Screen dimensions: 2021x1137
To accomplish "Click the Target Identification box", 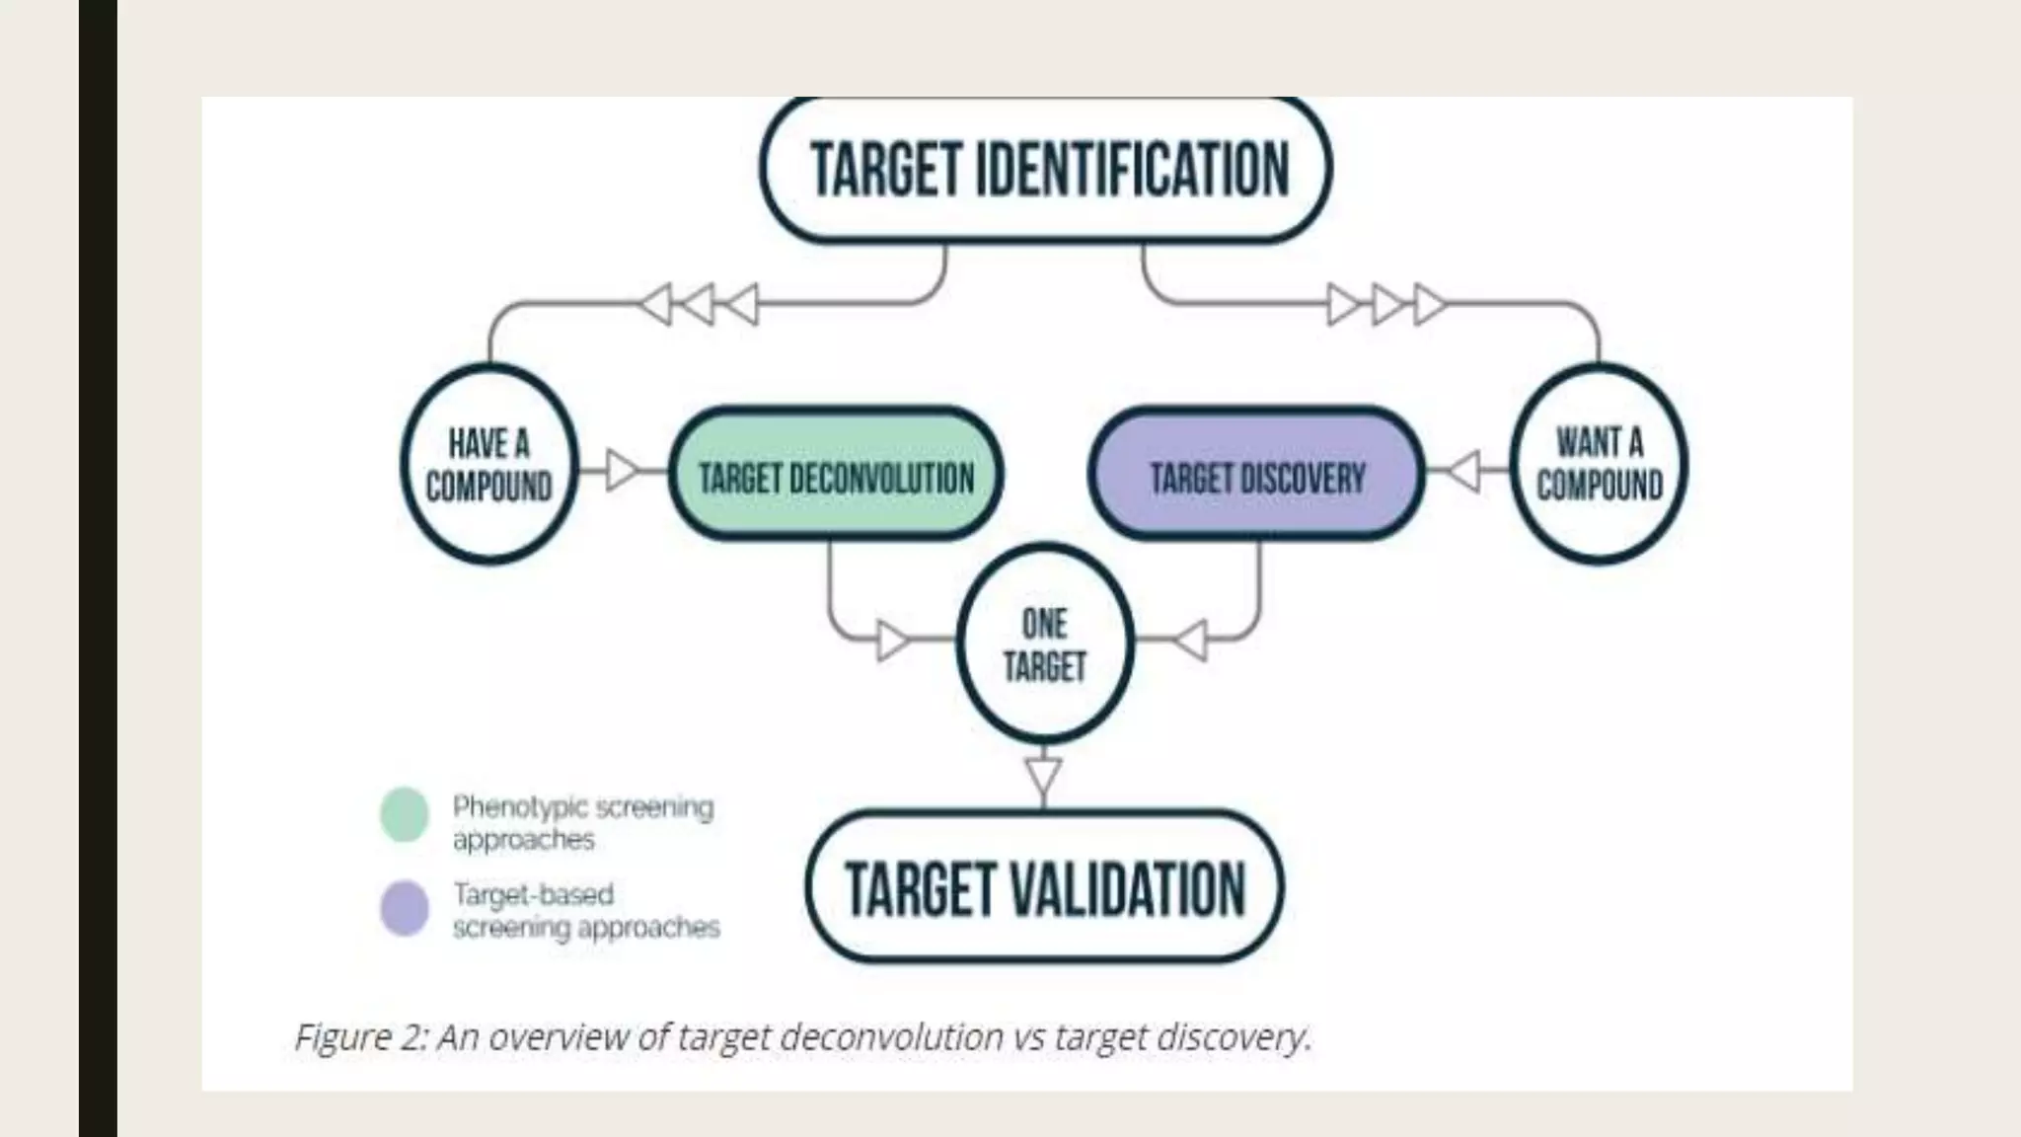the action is pyautogui.click(x=1046, y=169).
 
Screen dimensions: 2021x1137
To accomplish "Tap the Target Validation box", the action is pyautogui.click(x=1045, y=887).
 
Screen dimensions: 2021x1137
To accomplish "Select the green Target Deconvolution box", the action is pyautogui.click(x=836, y=476).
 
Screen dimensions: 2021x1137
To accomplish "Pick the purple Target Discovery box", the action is pyautogui.click(x=1256, y=476).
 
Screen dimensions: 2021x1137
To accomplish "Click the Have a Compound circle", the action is pyautogui.click(x=488, y=464).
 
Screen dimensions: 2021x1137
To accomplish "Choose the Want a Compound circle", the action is pyautogui.click(x=1599, y=464).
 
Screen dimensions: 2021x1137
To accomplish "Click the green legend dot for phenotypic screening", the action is pyautogui.click(x=405, y=815).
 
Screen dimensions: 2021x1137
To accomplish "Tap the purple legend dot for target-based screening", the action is pyautogui.click(x=405, y=908).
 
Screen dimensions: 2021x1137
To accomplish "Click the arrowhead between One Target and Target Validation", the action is pyautogui.click(x=1043, y=776).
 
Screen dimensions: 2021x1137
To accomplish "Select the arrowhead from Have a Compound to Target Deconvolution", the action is pyautogui.click(x=623, y=470).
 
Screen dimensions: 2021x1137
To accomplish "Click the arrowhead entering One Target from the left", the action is pyautogui.click(x=893, y=641).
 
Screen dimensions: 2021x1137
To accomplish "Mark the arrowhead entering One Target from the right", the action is pyautogui.click(x=1191, y=641).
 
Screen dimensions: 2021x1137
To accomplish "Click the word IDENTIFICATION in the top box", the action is pyautogui.click(x=1132, y=169).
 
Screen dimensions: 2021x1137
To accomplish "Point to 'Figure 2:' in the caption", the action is pyautogui.click(x=360, y=1037).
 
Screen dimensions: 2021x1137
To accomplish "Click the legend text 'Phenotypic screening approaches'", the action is pyautogui.click(x=582, y=823).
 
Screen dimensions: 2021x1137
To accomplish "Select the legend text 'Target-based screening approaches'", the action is pyautogui.click(x=585, y=911).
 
